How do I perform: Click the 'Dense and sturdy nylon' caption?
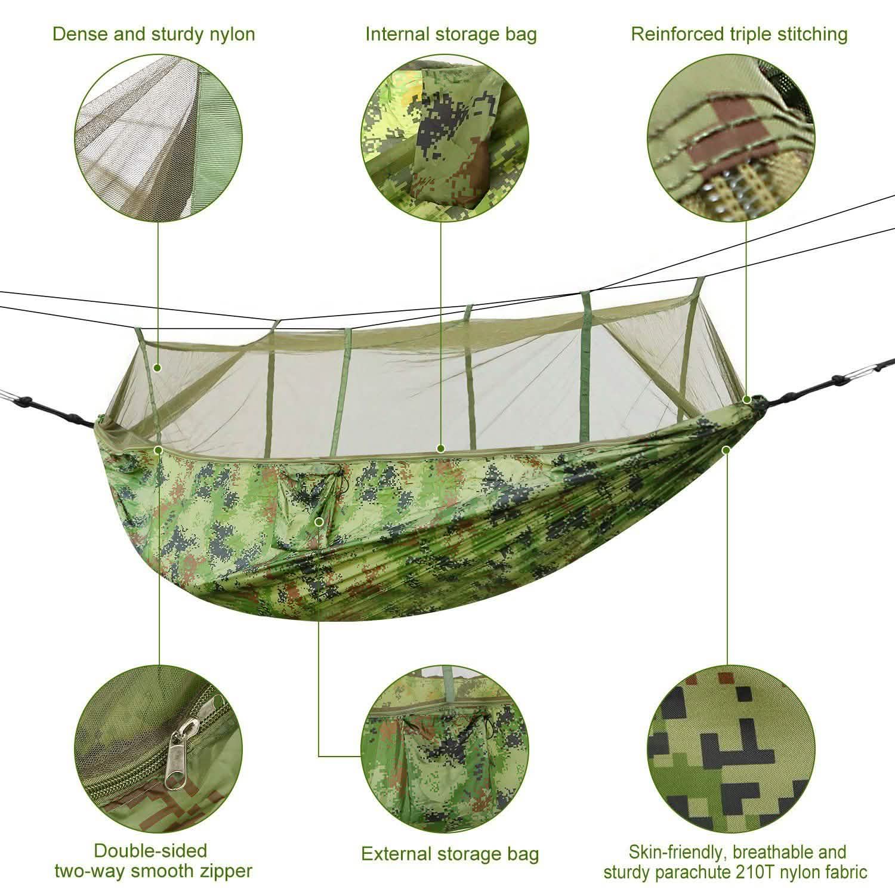tap(153, 34)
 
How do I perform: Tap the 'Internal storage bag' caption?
tap(451, 34)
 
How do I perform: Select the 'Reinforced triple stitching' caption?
tap(739, 34)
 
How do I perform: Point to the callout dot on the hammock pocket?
tap(319, 521)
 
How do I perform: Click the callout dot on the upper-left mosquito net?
tap(158, 368)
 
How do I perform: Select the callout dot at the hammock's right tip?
tap(746, 399)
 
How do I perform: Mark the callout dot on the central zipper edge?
tap(440, 448)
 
